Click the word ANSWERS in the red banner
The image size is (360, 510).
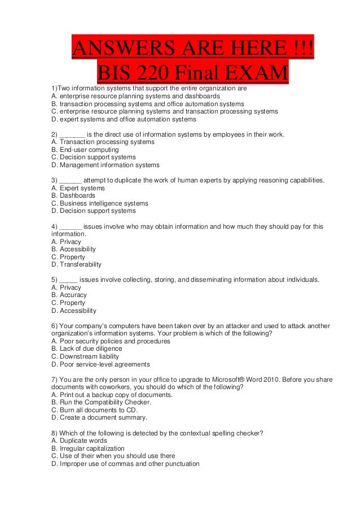coord(115,51)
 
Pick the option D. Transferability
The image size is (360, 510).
coord(76,264)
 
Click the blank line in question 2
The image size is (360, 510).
coord(72,134)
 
